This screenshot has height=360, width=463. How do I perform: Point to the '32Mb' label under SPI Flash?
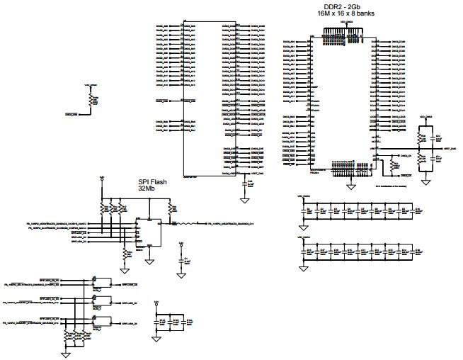coord(147,189)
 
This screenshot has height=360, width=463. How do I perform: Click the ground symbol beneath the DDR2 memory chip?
coord(350,186)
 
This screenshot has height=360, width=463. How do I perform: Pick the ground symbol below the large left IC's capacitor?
coord(244,201)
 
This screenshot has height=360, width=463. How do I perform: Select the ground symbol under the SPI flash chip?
coord(149,261)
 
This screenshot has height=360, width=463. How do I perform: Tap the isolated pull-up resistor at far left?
coord(90,101)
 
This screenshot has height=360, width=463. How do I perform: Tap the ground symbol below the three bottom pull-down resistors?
coord(65,352)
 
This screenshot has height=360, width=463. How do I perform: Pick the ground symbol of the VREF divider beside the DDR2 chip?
coord(425,182)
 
